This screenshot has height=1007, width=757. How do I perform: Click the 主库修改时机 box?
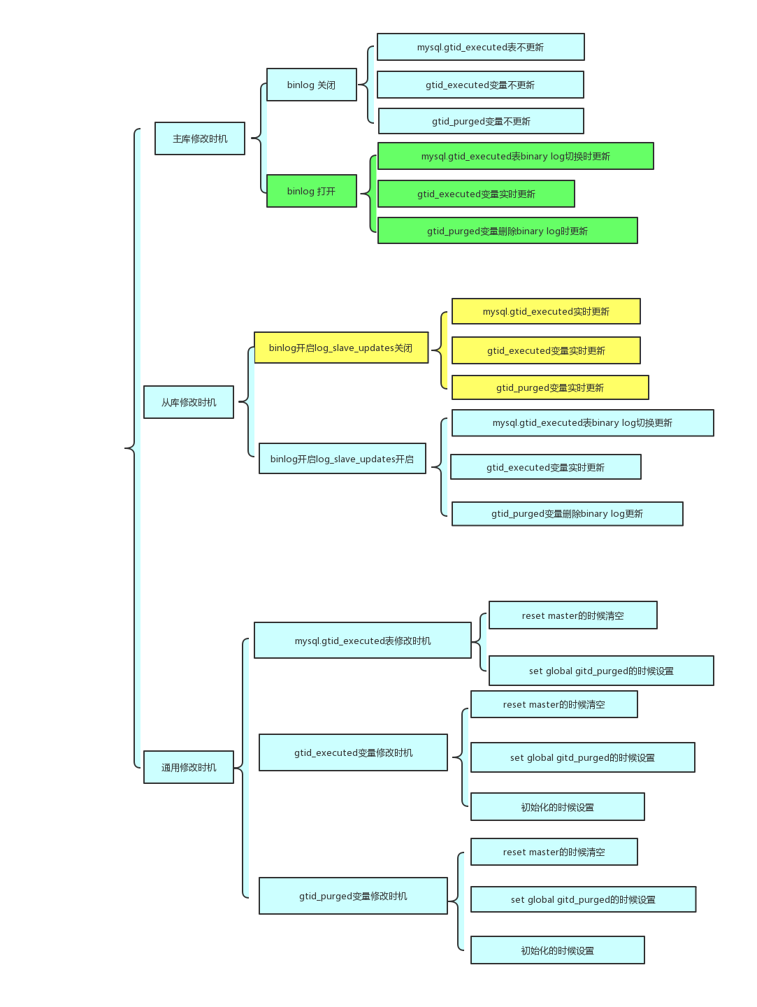pos(200,138)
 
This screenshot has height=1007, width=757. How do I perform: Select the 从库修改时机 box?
pos(189,402)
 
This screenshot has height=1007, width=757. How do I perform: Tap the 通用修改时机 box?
pos(189,767)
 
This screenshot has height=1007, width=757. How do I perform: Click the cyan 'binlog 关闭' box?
pos(312,85)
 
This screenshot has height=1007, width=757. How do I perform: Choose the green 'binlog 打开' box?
pos(312,191)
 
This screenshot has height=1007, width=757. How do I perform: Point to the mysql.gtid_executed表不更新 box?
pos(480,47)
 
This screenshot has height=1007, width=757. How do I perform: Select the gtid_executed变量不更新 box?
pos(480,85)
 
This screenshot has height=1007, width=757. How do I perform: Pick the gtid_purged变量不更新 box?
pos(481,121)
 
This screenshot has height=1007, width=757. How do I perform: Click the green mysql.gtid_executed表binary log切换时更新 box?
pos(515,156)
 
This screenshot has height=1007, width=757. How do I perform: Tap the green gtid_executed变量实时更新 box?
pos(476,194)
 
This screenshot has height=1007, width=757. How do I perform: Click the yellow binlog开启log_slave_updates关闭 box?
pos(341,348)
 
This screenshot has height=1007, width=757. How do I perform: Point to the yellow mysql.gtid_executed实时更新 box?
pos(546,311)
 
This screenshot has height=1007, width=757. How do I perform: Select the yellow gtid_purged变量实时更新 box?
pos(550,387)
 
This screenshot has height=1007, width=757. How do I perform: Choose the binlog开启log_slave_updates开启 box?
pos(342,459)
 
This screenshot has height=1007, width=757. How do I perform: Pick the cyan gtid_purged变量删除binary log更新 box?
pos(567,513)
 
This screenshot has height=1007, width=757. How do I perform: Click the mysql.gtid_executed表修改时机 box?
pos(363,641)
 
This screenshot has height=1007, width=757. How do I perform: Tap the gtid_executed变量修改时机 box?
pos(353,752)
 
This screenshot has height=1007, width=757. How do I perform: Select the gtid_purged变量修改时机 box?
pos(353,896)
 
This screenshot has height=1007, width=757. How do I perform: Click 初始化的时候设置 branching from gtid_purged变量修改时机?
pos(557,950)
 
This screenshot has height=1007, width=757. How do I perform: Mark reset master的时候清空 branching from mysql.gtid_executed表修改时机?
pos(572,615)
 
